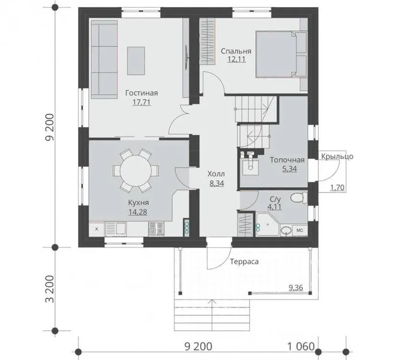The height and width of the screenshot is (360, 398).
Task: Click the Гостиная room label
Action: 141,93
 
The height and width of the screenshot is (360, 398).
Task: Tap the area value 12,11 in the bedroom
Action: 236,60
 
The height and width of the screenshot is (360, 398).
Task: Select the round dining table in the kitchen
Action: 135,170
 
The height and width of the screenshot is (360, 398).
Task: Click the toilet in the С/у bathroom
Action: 299,198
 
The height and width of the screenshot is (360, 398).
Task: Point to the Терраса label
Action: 244,262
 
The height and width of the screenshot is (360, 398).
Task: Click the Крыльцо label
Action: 337,156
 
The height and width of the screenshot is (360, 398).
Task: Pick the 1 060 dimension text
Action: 301,346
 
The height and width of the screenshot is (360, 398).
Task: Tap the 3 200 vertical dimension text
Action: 50,289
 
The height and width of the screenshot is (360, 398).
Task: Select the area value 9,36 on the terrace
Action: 296,288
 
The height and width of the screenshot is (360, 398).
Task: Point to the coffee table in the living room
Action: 136,60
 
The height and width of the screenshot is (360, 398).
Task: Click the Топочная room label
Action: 287,160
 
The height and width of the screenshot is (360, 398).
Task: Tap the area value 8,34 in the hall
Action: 217,183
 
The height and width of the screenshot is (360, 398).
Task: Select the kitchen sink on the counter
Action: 116,228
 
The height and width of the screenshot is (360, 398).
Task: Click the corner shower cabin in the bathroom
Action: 268,225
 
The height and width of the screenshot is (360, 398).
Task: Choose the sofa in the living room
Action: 104,60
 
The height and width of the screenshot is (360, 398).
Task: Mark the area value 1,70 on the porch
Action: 337,188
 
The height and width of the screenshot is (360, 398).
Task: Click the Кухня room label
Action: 138,203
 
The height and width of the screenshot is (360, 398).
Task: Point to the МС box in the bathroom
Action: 300,231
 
